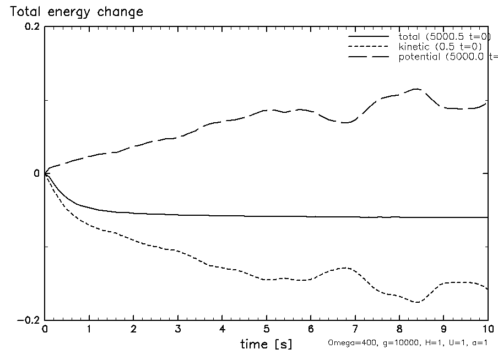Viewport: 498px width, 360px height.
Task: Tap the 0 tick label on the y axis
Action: tap(37, 174)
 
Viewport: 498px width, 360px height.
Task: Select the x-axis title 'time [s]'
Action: tap(266, 345)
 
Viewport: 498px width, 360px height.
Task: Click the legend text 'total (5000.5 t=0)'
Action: tap(444, 36)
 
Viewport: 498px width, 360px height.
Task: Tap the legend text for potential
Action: tap(447, 56)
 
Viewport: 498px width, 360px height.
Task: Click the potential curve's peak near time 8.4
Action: tap(416, 89)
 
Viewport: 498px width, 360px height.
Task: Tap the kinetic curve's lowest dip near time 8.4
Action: tap(418, 302)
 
